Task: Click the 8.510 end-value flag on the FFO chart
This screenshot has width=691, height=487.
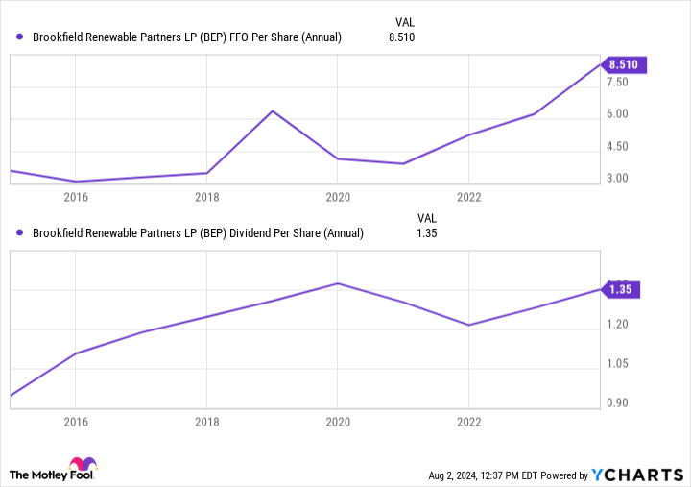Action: click(626, 65)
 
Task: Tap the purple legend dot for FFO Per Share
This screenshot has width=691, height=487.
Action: click(20, 37)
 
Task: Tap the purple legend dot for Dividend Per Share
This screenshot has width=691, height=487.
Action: click(20, 232)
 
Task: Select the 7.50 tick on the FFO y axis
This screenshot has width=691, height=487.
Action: click(616, 83)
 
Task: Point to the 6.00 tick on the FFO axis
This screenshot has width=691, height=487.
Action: click(616, 114)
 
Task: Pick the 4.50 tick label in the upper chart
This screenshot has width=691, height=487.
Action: click(616, 147)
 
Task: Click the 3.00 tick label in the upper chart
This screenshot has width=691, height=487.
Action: click(616, 179)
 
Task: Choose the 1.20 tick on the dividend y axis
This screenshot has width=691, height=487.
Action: click(616, 325)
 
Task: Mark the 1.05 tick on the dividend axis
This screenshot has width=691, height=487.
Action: click(616, 364)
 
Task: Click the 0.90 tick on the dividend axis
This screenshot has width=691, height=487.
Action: click(616, 402)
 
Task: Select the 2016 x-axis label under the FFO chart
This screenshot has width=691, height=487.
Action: click(76, 197)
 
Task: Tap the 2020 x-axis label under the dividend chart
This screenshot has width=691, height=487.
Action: click(337, 421)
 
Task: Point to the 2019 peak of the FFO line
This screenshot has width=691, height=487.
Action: click(273, 111)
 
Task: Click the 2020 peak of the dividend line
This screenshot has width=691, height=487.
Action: click(337, 283)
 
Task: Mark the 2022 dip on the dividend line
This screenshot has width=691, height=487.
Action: click(467, 325)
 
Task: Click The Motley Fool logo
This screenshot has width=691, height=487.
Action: click(54, 471)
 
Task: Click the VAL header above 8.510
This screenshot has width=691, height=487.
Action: click(405, 21)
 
